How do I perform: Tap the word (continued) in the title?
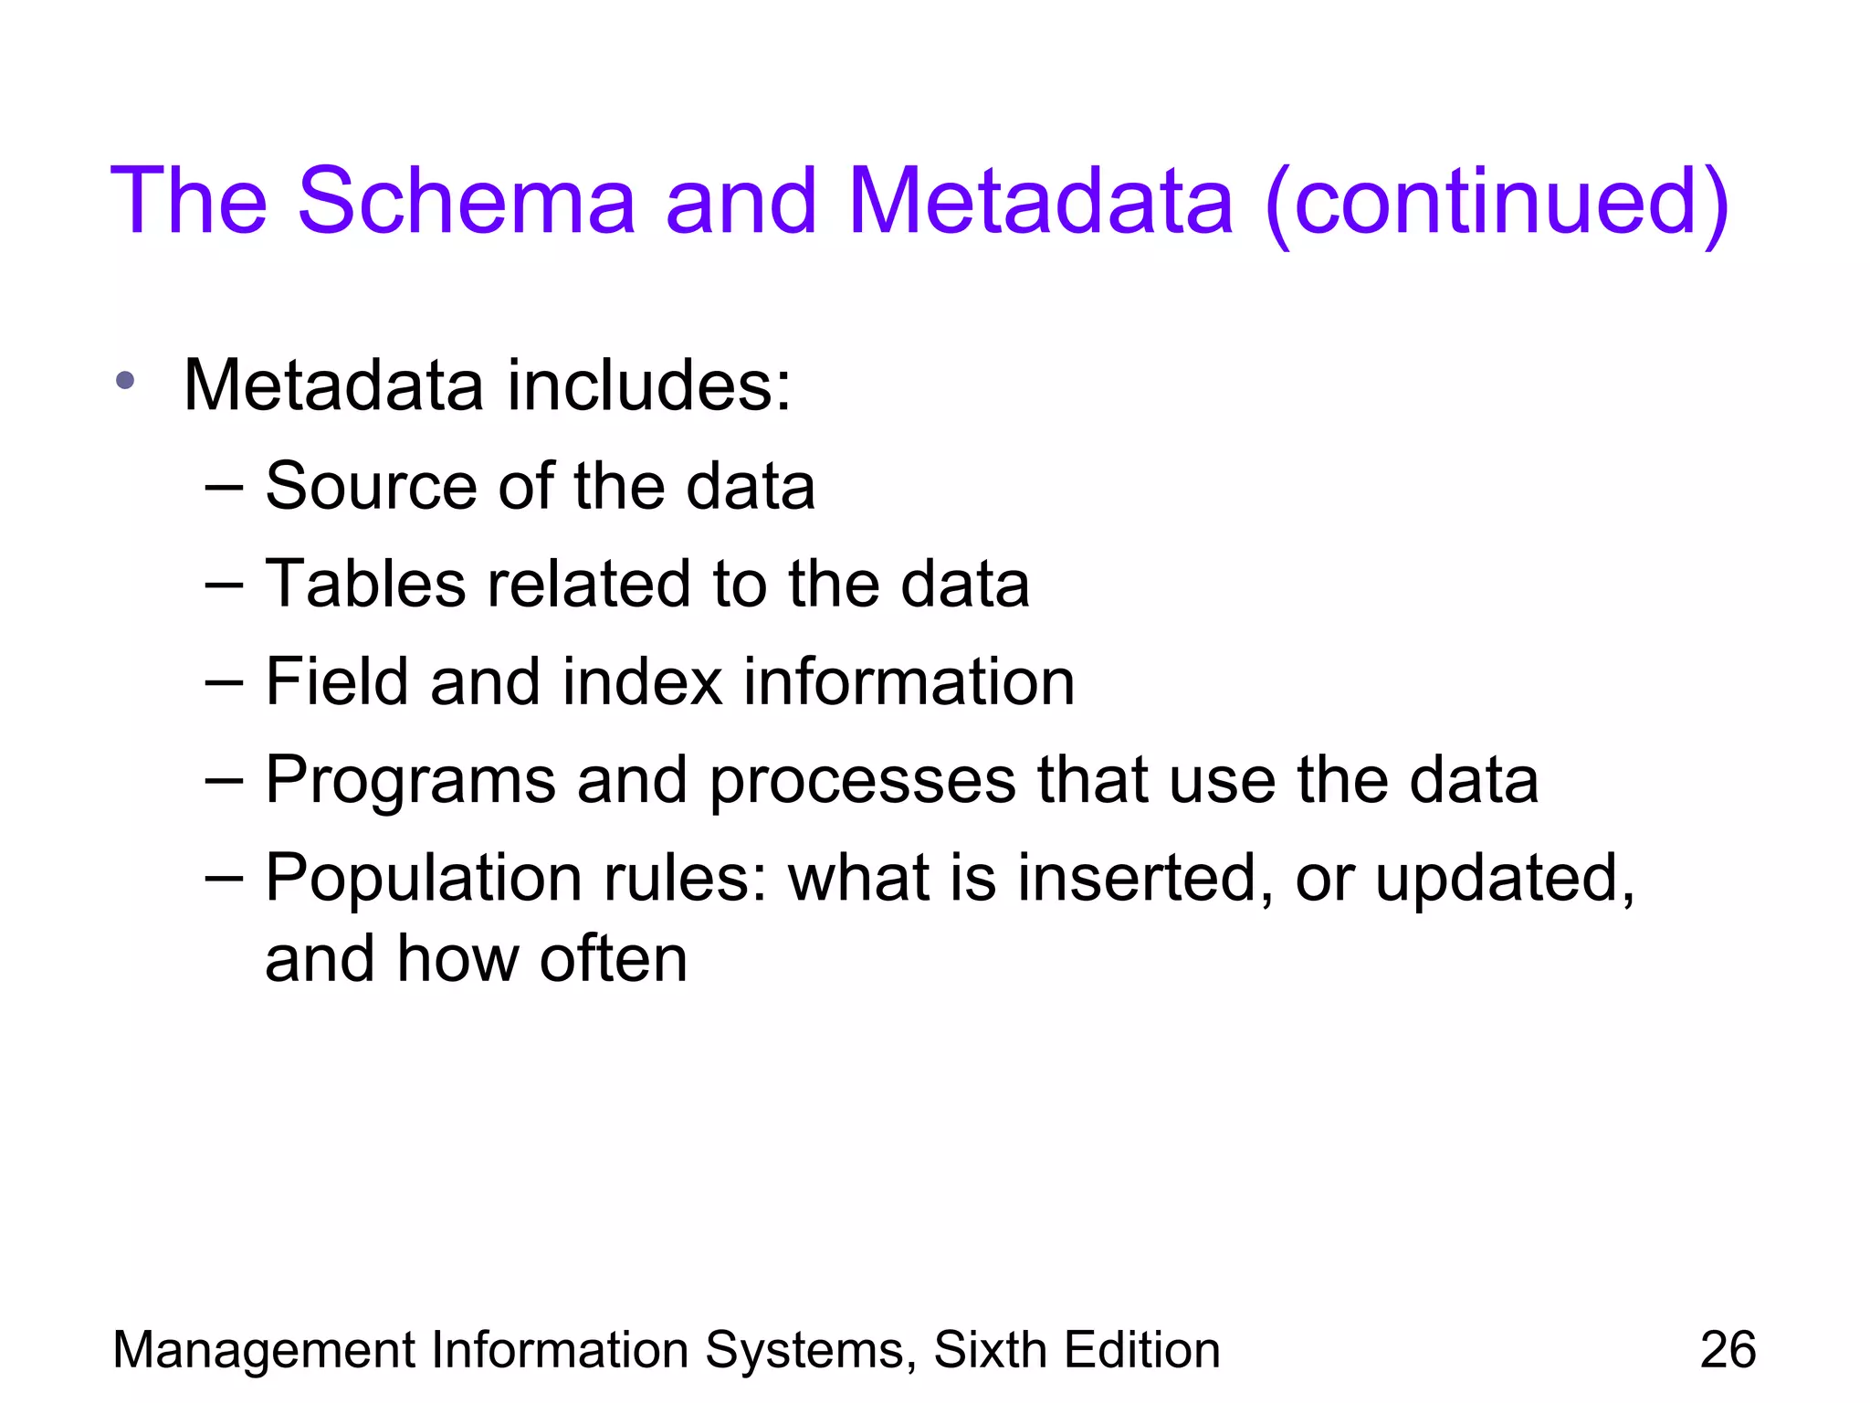tap(1497, 203)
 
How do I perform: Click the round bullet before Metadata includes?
tap(126, 380)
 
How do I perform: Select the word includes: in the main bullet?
tap(649, 385)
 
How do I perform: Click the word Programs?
tap(411, 782)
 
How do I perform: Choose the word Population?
tap(424, 880)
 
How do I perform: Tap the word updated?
tap(1505, 880)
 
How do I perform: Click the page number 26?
tap(1728, 1350)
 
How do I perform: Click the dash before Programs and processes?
tap(225, 782)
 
